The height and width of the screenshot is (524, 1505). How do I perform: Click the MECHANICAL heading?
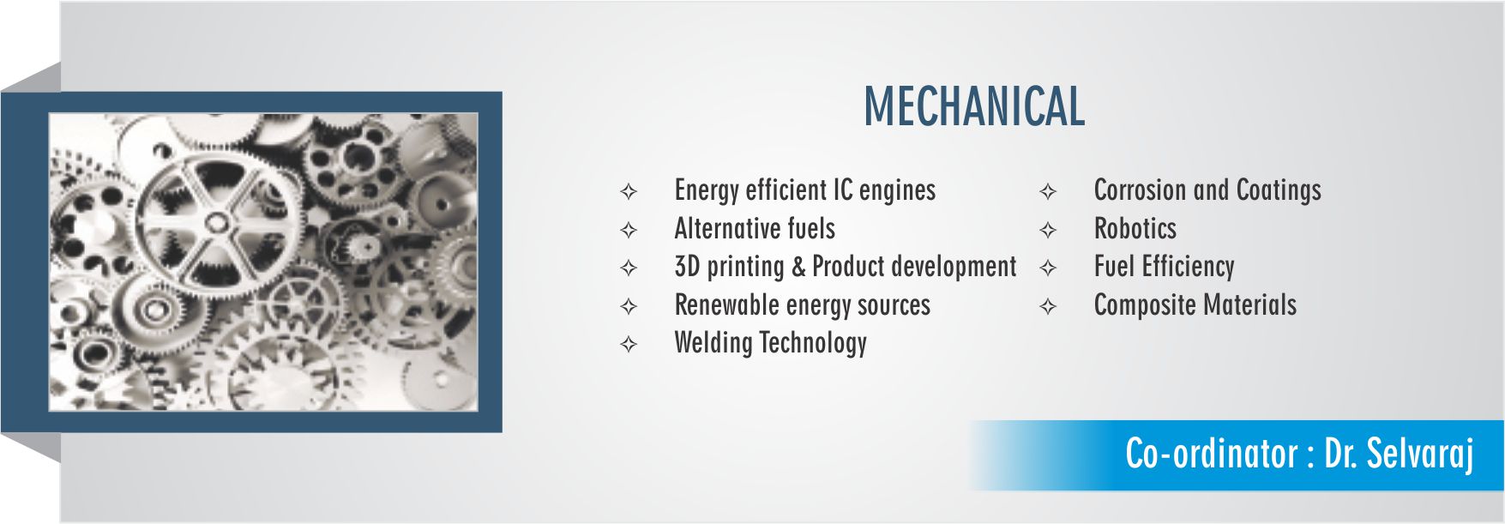pos(974,106)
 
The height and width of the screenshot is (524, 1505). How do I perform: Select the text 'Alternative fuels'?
pos(755,229)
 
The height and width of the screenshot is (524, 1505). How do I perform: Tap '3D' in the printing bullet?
pos(688,267)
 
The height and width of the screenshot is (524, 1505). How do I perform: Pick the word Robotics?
pos(1135,229)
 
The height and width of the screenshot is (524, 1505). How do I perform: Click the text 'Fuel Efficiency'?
pos(1164,268)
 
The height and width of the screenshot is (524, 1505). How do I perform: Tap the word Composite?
pos(1145,306)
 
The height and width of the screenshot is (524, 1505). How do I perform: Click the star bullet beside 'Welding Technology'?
pos(629,345)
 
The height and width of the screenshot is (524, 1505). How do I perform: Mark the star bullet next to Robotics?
pos(1048,230)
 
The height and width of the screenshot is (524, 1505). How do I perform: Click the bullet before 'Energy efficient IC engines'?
pos(629,191)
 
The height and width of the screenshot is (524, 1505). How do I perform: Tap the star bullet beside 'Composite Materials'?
pos(1048,306)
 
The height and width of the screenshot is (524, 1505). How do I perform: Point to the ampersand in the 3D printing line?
pos(798,267)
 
